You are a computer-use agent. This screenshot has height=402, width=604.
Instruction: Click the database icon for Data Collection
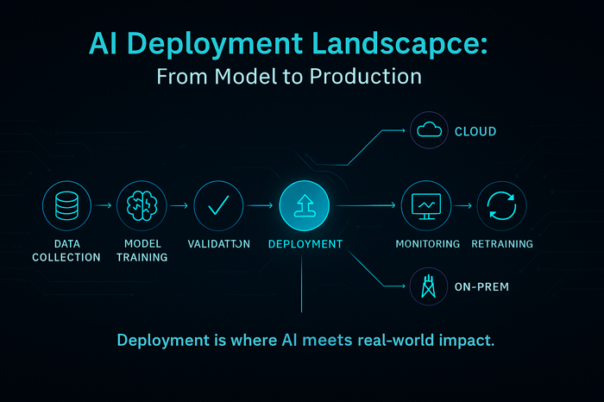tap(66, 206)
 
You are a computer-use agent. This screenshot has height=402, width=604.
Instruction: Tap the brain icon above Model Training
tap(141, 206)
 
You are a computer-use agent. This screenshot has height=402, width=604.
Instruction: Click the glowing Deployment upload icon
tap(304, 206)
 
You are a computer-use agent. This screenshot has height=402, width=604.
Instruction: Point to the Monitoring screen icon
tap(427, 206)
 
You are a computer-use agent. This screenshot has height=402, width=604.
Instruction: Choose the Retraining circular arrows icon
tap(501, 206)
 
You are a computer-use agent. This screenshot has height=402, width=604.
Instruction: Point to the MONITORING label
tap(427, 244)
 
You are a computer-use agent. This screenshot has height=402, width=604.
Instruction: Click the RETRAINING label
tap(501, 244)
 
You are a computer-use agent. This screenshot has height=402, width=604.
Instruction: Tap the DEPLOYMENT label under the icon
tap(305, 244)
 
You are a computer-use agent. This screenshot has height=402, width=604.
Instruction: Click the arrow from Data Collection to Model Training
tap(104, 206)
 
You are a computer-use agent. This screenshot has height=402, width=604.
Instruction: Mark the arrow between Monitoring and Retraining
tap(464, 206)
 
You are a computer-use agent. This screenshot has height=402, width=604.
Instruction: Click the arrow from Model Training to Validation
tap(179, 206)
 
